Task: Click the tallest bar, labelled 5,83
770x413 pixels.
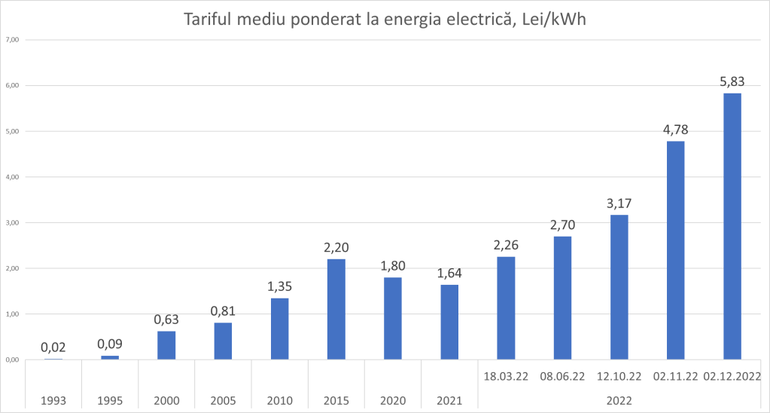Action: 732,226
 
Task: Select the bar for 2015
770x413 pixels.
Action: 336,309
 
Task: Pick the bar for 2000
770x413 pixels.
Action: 166,345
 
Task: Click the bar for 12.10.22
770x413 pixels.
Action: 619,287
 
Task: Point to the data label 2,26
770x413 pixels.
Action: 505,244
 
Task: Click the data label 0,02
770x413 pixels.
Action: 53,347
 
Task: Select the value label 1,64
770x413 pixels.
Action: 449,273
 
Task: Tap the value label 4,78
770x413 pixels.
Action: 675,130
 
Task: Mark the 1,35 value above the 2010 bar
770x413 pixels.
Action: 279,286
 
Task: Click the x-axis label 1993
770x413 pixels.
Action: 53,400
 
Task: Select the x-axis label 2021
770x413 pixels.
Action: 449,400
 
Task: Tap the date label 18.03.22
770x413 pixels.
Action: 505,375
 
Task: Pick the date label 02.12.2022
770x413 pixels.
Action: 732,375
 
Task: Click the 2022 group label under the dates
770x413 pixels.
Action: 619,400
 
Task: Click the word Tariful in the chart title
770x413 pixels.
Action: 212,20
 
